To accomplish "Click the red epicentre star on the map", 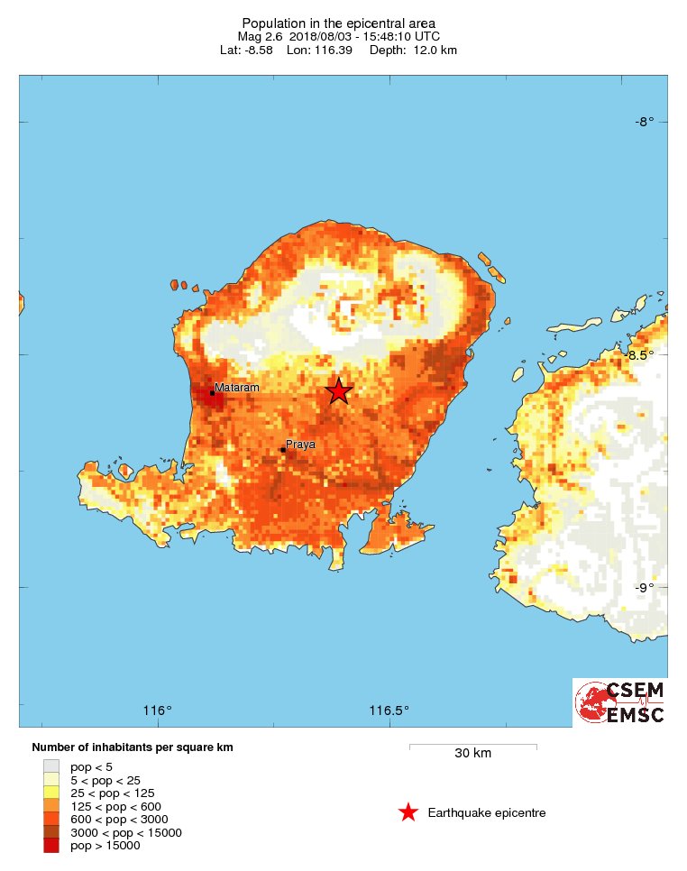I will pyautogui.click(x=338, y=390).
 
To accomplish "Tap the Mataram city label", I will pyautogui.click(x=237, y=388).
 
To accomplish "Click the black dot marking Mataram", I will pyautogui.click(x=212, y=392).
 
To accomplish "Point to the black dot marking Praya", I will pyautogui.click(x=282, y=449).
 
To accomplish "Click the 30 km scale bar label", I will pyautogui.click(x=472, y=754).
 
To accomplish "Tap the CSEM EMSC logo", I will pyautogui.click(x=620, y=702).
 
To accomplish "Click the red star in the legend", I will pyautogui.click(x=408, y=812).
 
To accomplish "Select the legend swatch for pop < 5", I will pyautogui.click(x=51, y=766).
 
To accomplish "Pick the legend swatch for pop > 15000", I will pyautogui.click(x=51, y=845).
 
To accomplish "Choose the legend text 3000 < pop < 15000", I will pyautogui.click(x=125, y=832).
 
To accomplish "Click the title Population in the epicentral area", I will pyautogui.click(x=338, y=23).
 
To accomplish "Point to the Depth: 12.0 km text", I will pyautogui.click(x=422, y=50).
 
